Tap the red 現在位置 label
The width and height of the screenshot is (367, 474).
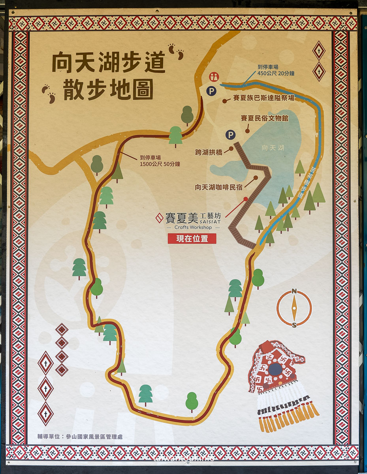[x=192, y=239]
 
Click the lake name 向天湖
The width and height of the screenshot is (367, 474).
[x=273, y=148]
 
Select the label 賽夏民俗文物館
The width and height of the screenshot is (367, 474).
[x=264, y=118]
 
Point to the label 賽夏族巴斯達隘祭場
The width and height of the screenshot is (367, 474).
[x=263, y=98]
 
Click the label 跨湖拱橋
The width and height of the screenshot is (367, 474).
[x=209, y=152]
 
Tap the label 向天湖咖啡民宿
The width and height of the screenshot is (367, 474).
[x=218, y=187]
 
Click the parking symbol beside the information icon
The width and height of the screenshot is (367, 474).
[x=212, y=91]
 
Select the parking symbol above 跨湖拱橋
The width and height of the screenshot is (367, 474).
[x=231, y=135]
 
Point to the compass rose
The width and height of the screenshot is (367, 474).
[x=294, y=308]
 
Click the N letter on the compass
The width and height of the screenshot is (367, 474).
[x=294, y=292]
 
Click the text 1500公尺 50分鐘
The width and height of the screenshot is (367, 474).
[x=160, y=164]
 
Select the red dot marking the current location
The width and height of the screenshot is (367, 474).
[x=246, y=199]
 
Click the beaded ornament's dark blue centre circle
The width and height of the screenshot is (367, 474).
[x=275, y=369]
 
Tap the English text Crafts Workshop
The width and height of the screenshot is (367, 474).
[x=194, y=228]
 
